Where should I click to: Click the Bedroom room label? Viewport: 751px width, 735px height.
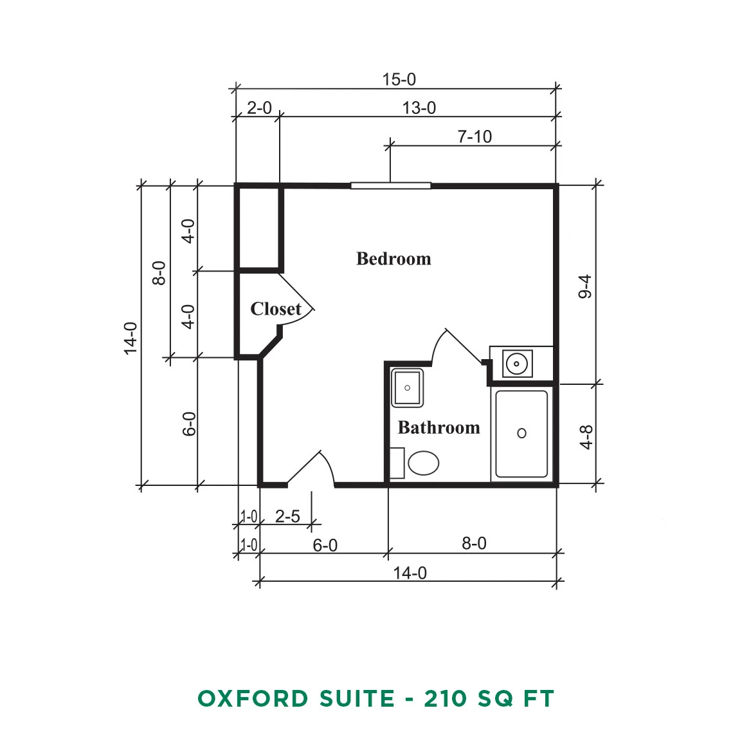394,259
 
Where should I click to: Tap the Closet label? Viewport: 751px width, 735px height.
276,309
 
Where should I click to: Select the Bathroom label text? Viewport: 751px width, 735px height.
439,427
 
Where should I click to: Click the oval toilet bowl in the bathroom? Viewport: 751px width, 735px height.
423,463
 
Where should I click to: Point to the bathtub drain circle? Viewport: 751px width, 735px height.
521,433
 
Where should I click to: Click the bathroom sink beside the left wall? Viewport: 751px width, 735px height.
407,387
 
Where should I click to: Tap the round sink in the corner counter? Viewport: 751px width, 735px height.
516,364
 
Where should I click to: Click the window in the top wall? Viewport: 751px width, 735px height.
391,185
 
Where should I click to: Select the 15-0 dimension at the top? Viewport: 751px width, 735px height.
399,80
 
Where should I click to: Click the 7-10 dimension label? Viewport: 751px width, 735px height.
475,136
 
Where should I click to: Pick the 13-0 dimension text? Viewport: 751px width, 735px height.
419,108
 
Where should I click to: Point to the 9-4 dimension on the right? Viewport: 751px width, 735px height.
585,286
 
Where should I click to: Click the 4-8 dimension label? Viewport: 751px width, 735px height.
586,437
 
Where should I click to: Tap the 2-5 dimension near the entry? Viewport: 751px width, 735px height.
287,516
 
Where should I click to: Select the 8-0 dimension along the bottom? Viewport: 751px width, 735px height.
474,543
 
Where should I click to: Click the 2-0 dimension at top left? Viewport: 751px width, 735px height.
259,108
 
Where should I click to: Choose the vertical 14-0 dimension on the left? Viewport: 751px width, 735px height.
131,339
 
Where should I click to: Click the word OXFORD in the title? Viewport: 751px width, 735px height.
253,698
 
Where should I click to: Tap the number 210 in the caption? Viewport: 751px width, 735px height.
446,698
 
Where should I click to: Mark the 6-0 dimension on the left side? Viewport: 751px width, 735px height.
190,424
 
